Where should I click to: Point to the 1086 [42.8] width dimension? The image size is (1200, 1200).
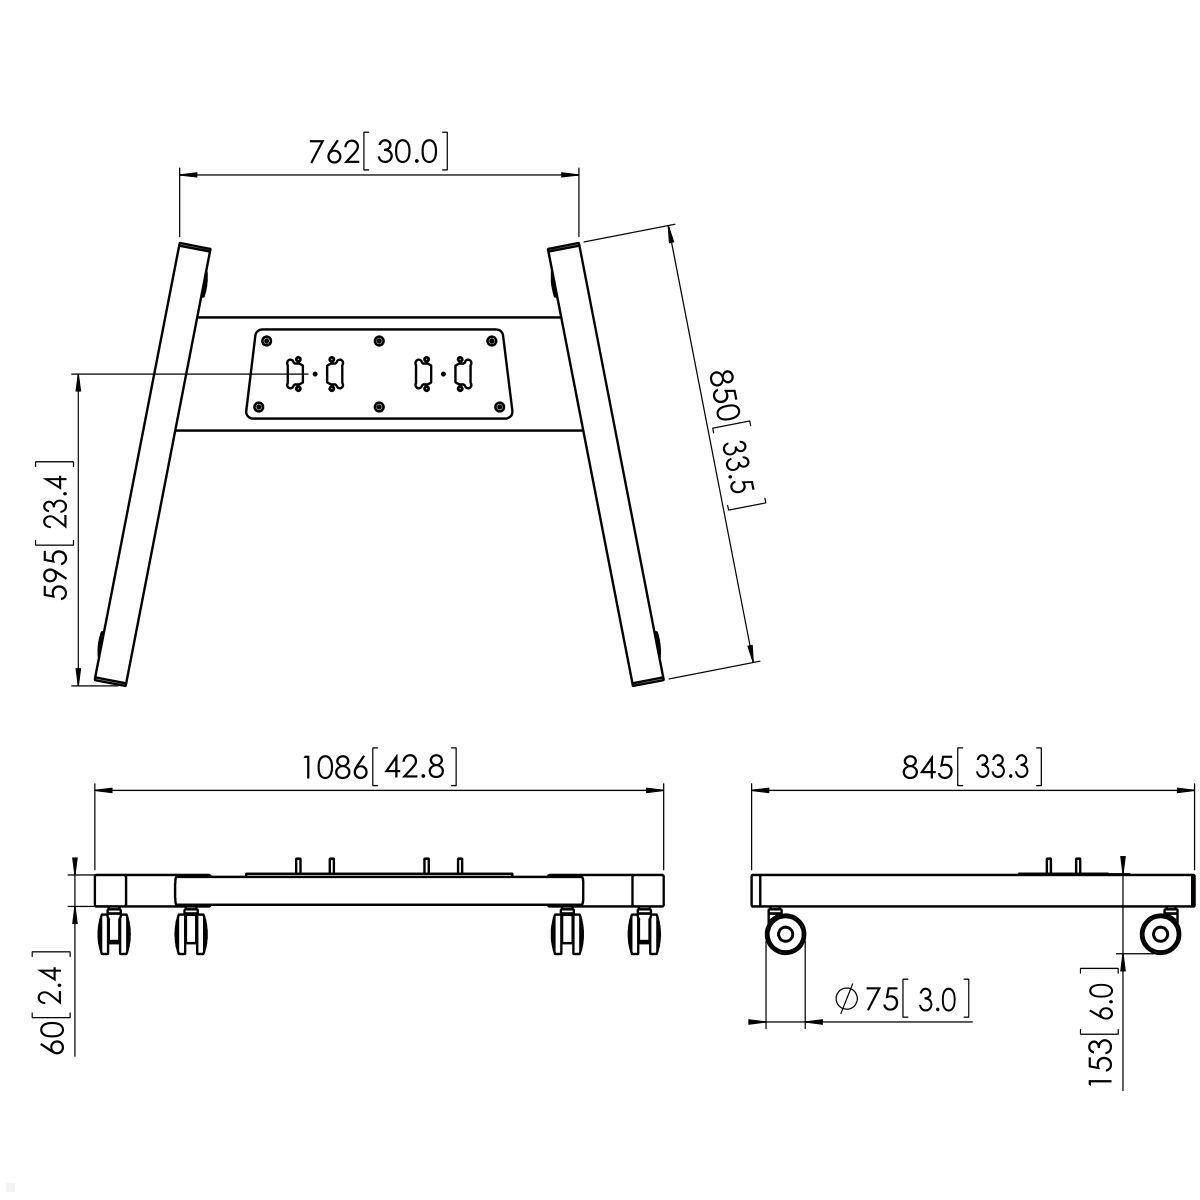[380, 767]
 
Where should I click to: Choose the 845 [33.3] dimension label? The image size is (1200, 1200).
[972, 767]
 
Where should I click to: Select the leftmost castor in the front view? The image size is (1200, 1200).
[113, 932]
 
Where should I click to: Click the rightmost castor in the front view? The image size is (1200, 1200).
[645, 932]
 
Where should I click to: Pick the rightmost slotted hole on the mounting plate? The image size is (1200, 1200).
[462, 373]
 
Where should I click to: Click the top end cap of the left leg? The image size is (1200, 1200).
[194, 247]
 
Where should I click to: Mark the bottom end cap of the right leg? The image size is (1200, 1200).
[648, 681]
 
